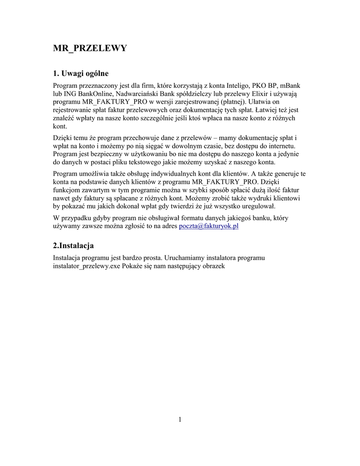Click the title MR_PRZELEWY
90,48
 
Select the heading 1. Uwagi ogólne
81,73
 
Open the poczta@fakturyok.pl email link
209,226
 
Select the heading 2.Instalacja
73,246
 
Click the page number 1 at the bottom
180,420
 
